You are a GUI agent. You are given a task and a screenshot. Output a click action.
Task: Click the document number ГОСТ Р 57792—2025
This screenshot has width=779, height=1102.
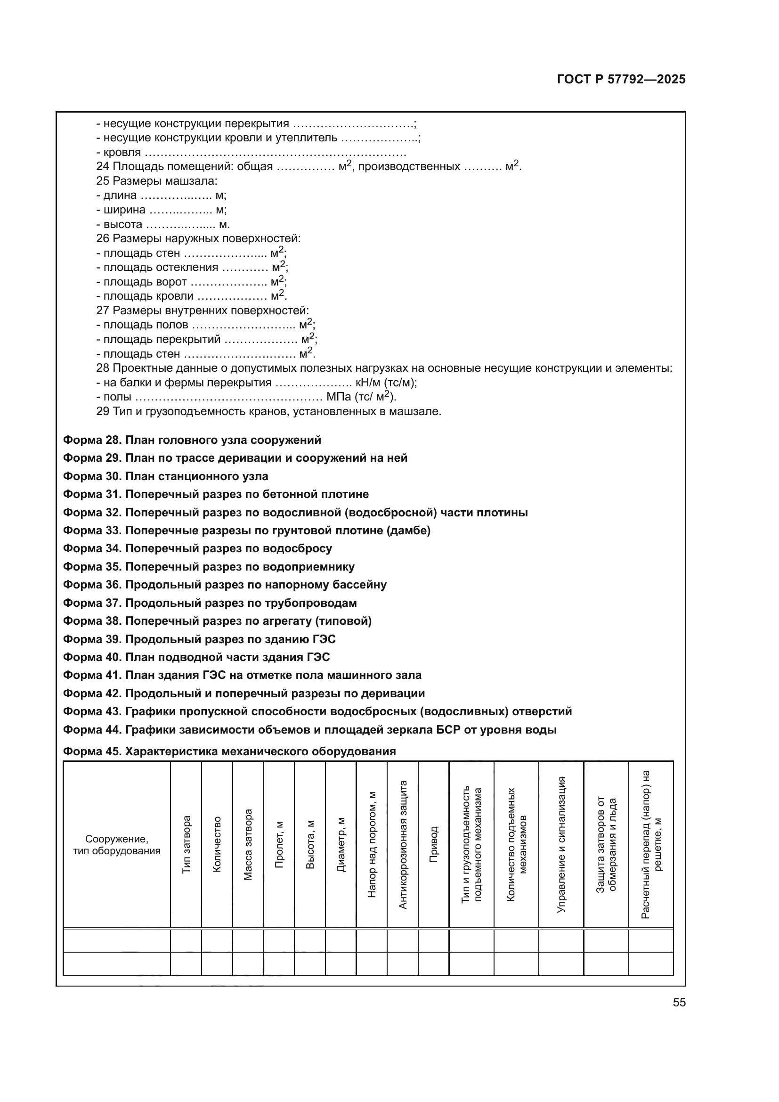coord(621,80)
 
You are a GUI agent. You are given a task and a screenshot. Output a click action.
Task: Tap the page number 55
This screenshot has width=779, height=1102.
coord(679,1002)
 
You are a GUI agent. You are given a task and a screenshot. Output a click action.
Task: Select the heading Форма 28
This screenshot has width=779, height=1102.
coord(192,440)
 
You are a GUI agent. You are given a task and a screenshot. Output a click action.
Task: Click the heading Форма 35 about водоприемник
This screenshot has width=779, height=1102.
coord(209,567)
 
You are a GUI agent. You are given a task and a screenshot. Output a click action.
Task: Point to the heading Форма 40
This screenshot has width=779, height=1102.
coord(196,657)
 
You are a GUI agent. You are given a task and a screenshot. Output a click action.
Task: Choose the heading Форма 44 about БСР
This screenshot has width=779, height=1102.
coord(309,730)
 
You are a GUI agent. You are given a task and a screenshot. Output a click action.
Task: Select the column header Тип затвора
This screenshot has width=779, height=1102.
coord(186,845)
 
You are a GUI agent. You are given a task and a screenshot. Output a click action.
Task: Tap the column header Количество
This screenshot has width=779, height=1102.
coord(217,845)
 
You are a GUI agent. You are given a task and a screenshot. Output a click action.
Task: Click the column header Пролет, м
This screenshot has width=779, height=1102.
coord(279,845)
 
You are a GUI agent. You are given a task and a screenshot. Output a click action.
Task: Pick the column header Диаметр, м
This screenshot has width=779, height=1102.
coord(341,845)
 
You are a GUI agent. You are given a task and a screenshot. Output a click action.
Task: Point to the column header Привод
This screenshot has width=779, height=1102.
coord(434,845)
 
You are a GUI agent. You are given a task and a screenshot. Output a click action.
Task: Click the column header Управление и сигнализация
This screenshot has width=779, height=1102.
coord(561,845)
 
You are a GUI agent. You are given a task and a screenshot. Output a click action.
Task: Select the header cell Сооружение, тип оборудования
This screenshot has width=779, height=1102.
coord(116,845)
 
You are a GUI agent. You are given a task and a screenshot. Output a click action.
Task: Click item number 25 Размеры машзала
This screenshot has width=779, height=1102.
coord(157,181)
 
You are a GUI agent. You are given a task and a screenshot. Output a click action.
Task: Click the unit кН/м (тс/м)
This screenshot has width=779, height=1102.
coord(386,383)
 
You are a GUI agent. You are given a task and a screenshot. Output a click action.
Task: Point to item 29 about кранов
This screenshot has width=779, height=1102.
coord(268,411)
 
